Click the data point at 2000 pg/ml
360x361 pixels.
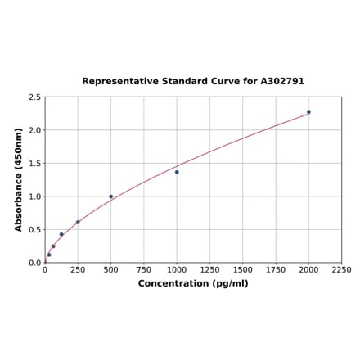[308, 112]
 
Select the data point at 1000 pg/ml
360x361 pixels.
[177, 172]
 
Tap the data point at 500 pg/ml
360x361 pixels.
[111, 196]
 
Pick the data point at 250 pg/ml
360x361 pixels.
[78, 222]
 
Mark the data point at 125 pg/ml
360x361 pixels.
[61, 234]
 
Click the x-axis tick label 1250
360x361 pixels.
[209, 269]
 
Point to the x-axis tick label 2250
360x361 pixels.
[341, 269]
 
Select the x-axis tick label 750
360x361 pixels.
[144, 269]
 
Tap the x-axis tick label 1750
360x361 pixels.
[276, 269]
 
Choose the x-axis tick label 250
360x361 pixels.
[78, 269]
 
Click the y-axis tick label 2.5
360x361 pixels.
[35, 97]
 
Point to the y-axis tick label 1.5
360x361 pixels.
[35, 164]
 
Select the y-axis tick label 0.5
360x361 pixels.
[35, 230]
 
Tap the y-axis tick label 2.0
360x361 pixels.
[35, 131]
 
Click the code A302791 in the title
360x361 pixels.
[282, 82]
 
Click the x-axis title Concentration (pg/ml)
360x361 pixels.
[193, 283]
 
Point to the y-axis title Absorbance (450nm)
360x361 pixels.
[19, 179]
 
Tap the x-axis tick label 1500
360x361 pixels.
[243, 269]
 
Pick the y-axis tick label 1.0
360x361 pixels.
[35, 197]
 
